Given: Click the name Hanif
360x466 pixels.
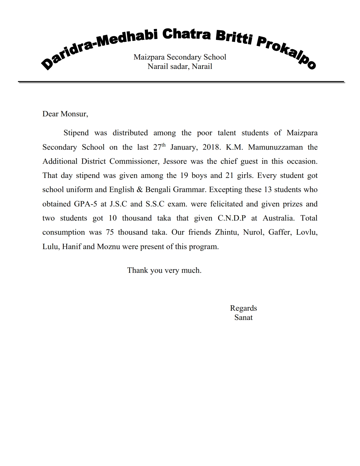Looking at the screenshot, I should tap(71, 247).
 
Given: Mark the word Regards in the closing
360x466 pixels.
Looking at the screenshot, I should tap(243, 308).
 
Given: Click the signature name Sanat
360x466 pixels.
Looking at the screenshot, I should tap(243, 317).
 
